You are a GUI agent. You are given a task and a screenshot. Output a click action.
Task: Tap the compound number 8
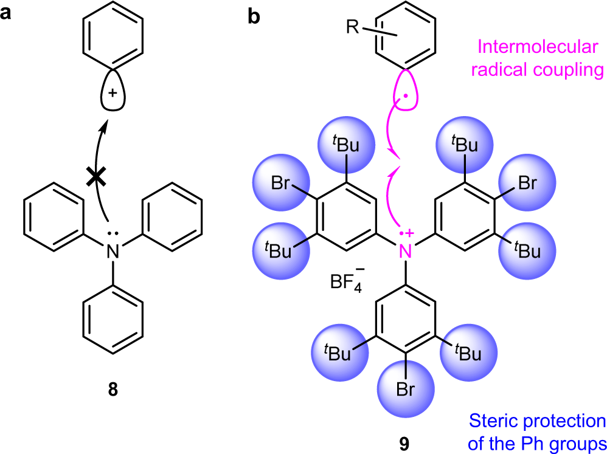click(x=113, y=388)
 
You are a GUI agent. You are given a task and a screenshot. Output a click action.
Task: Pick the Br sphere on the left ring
click(x=279, y=182)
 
